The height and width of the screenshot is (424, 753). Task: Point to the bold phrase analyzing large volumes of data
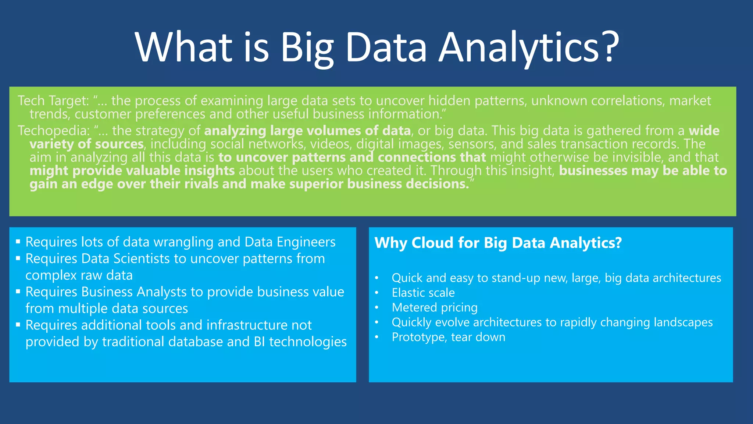307,131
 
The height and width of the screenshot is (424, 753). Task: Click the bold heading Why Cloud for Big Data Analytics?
498,243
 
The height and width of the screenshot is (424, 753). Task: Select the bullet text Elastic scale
423,293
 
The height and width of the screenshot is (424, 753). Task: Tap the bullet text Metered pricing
435,307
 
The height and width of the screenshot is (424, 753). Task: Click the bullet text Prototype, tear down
449,337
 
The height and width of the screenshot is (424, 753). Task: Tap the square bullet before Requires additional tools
18,325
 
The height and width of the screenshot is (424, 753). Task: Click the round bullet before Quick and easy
376,278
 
